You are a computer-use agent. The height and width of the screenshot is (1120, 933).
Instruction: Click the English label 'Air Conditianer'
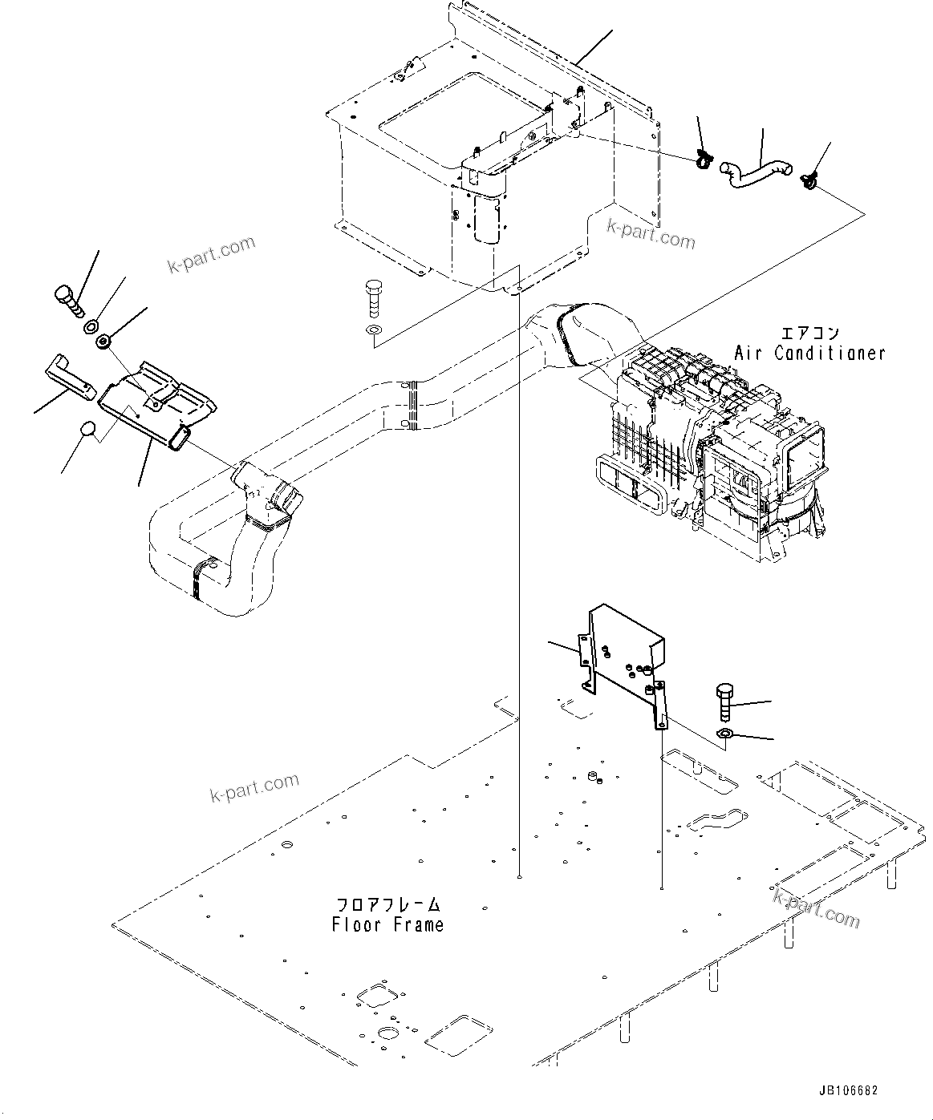coord(809,353)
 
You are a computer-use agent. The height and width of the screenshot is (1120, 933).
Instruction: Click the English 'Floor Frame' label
coord(387,924)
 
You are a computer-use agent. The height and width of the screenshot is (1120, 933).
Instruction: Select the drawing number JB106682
coord(849,1091)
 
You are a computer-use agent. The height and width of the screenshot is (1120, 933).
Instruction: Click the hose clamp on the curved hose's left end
coord(704,160)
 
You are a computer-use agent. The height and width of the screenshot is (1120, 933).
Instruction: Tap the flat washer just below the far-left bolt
coord(91,327)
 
